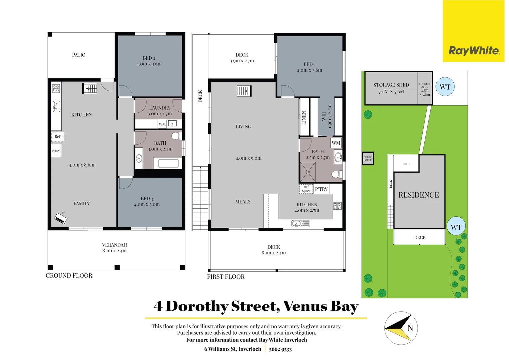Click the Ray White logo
pos(473,51)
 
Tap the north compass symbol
pos(401,328)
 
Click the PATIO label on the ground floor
pos(79,55)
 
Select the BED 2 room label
pos(149,58)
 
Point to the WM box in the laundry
pos(162,124)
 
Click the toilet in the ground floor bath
pos(176,136)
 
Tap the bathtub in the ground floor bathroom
pos(168,163)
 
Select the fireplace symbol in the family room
pos(61,219)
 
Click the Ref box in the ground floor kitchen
pos(58,137)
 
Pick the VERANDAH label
pos(114,245)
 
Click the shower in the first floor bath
pos(307,172)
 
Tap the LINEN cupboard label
pos(304,118)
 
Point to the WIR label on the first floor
pos(324,116)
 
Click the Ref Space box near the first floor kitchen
pos(306,189)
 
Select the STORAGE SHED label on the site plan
pos(391,85)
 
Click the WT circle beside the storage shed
pos(445,87)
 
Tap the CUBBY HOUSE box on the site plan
pos(368,159)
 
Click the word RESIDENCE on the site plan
pos(419,195)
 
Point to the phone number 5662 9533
pos(280,349)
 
